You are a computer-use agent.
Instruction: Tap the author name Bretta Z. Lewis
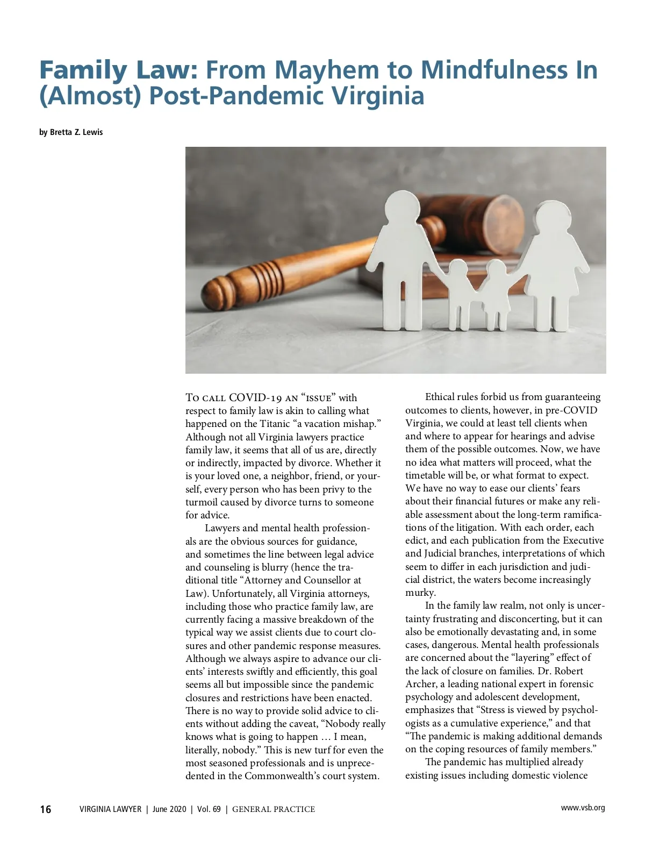[x=76, y=132]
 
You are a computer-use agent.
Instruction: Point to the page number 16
[x=46, y=809]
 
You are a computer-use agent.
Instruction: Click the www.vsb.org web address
[x=583, y=808]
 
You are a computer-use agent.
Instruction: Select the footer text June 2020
[x=169, y=809]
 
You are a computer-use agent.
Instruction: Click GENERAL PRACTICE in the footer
[x=274, y=809]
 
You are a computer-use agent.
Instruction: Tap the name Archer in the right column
[x=421, y=684]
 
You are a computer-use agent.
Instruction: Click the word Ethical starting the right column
[x=440, y=397]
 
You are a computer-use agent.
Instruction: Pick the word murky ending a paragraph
[x=419, y=593]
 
